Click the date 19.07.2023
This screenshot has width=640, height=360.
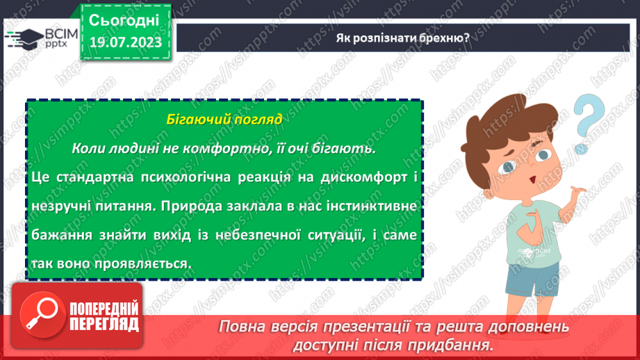coord(125,42)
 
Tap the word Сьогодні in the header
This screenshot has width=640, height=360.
coord(125,19)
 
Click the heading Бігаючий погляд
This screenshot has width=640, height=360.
coord(224,119)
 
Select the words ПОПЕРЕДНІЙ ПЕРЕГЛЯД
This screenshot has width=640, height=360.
coord(103,316)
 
